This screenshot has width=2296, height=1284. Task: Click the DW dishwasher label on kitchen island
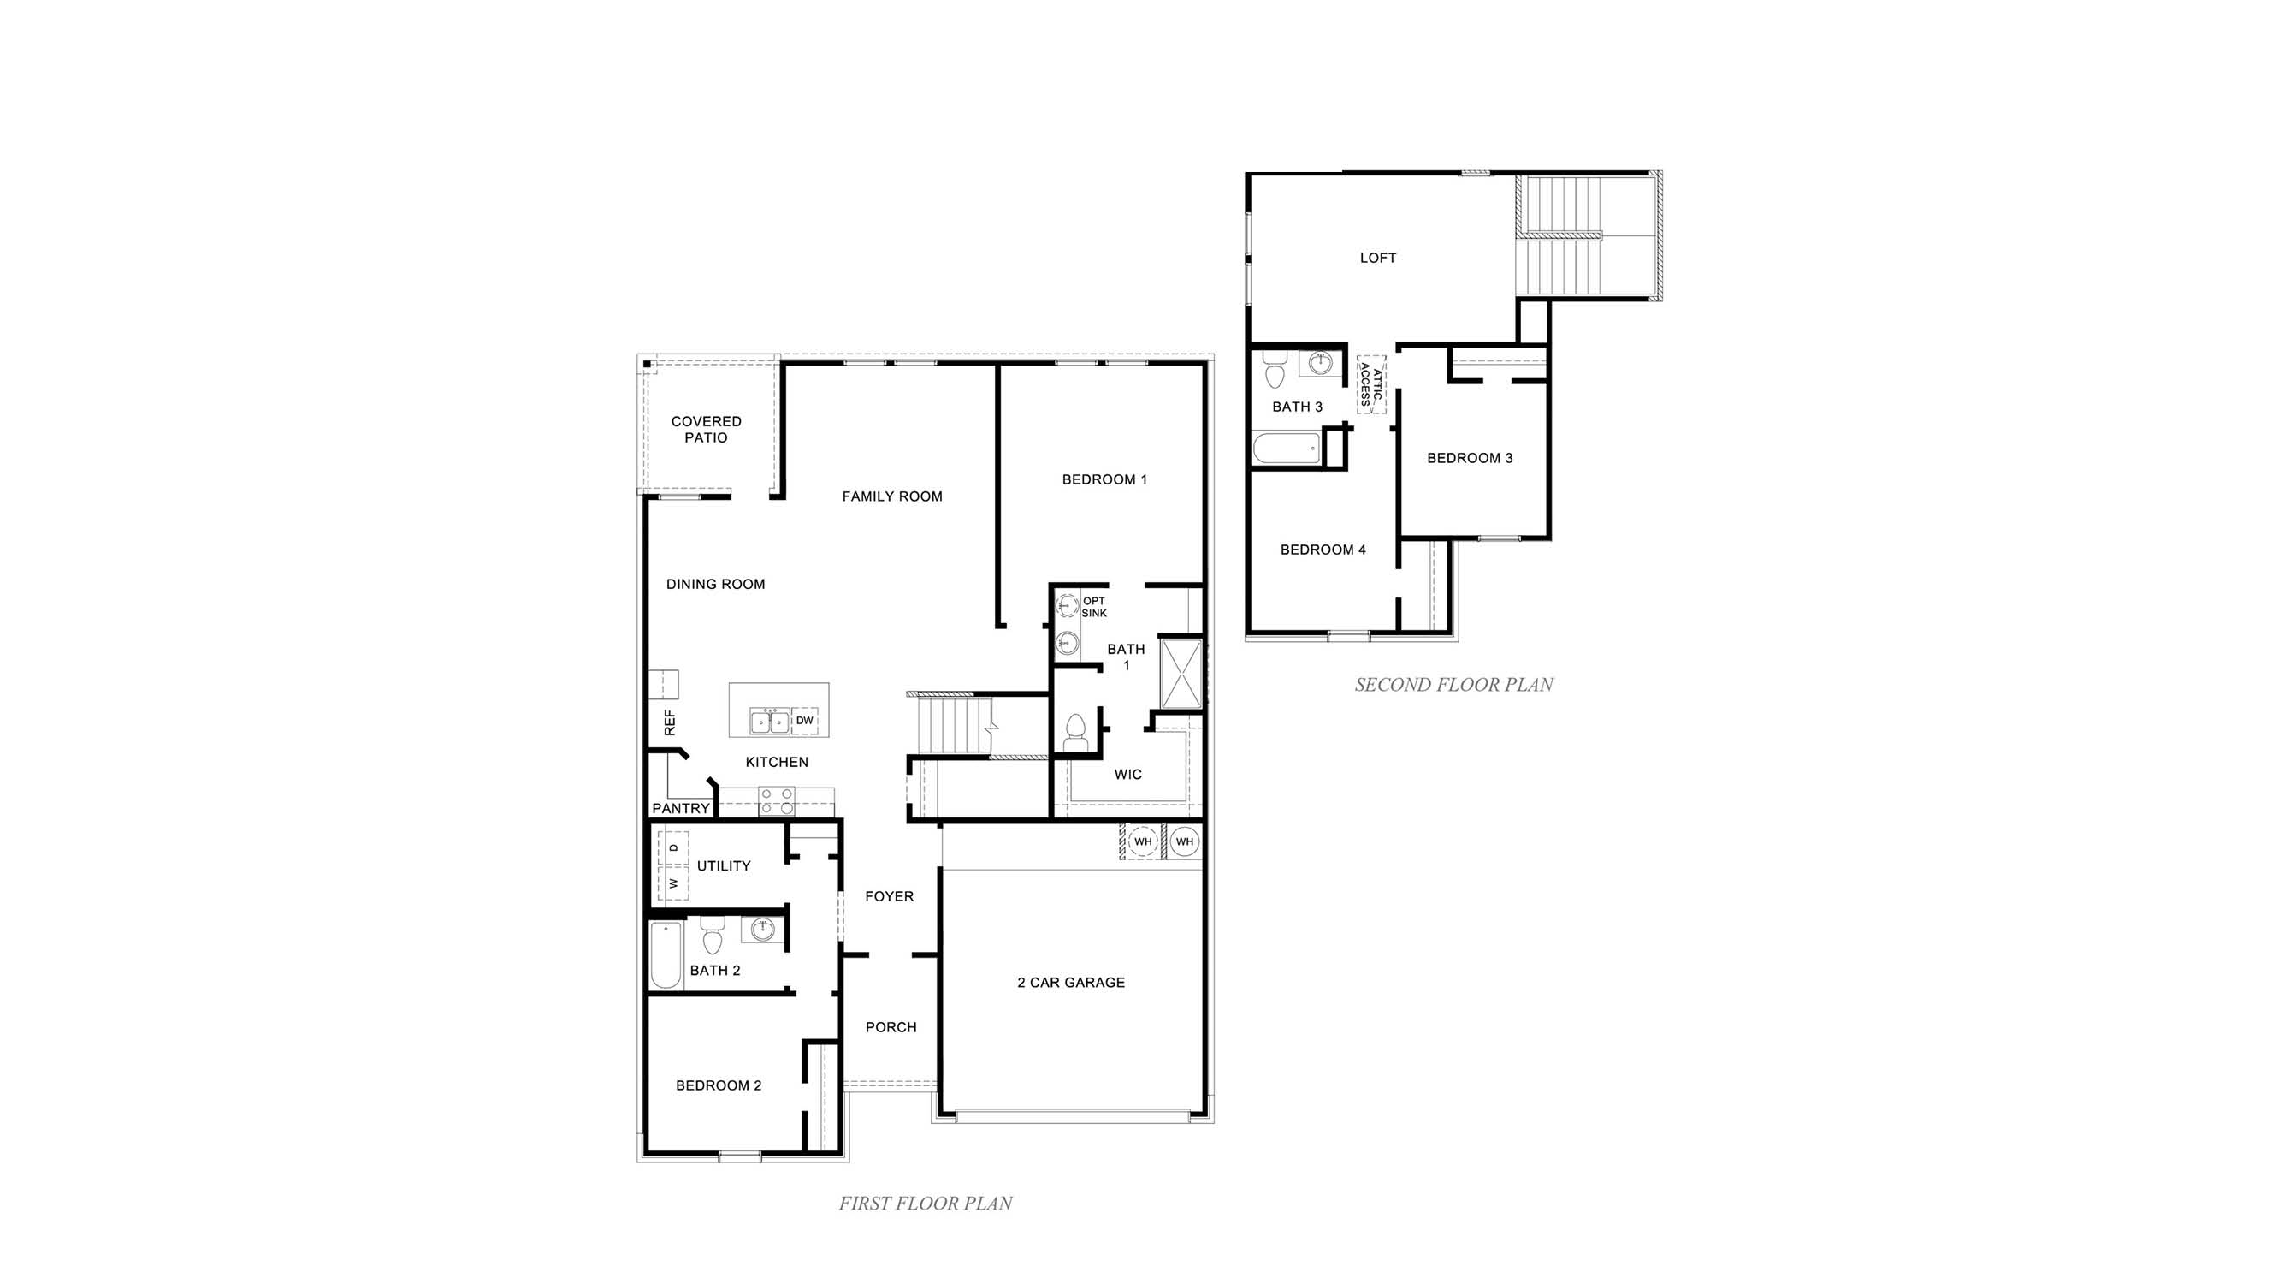click(804, 721)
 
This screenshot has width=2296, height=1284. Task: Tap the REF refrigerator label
click(669, 722)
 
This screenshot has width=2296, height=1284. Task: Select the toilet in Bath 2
click(711, 936)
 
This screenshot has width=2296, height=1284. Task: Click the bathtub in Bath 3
click(1285, 449)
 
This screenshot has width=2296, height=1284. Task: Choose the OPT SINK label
click(1093, 607)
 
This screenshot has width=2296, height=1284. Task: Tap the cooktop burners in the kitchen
click(777, 800)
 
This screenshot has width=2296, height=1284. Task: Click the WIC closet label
click(1127, 775)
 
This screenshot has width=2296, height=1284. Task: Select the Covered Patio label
click(706, 430)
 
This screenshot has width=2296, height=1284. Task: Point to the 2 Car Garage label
click(1070, 983)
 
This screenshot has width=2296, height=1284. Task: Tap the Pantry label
click(681, 809)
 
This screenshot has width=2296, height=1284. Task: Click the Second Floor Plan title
click(1453, 685)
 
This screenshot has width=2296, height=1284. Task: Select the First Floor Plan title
click(926, 1204)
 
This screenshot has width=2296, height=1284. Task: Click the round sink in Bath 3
click(1320, 363)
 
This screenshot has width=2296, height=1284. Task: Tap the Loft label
click(1377, 259)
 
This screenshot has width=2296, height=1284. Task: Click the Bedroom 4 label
click(1323, 550)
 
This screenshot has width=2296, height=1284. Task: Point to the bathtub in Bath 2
click(666, 956)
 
